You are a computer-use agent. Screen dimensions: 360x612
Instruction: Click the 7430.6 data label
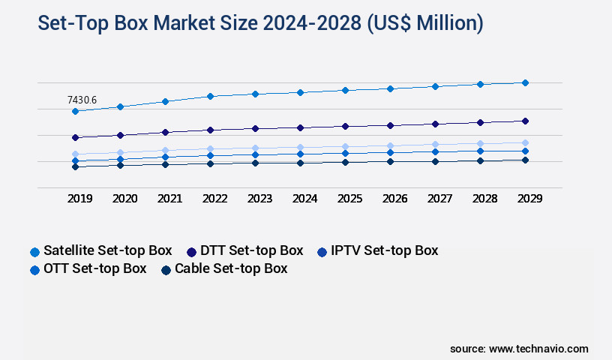point(82,100)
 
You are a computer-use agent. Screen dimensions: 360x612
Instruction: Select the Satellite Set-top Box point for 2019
point(75,111)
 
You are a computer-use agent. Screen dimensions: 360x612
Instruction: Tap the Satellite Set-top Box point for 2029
point(525,82)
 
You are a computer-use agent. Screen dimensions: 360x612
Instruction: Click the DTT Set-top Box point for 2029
point(525,121)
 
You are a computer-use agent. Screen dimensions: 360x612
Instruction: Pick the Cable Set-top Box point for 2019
point(75,166)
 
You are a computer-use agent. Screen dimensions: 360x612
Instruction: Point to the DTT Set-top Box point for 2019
point(75,137)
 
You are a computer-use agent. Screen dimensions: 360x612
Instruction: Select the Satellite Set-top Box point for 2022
point(210,96)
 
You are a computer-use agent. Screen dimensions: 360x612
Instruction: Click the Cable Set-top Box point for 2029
point(525,160)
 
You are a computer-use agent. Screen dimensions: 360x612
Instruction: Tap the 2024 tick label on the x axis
point(304,199)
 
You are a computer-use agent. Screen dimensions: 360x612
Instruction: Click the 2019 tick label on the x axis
point(79,199)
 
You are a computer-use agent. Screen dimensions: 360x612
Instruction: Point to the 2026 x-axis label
point(394,199)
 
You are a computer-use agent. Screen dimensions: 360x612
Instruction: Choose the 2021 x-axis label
point(169,199)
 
